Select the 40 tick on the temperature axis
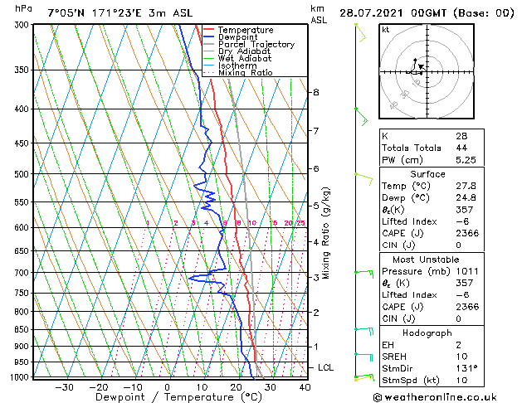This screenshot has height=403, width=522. click(x=305, y=387)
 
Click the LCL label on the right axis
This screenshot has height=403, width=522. click(x=327, y=367)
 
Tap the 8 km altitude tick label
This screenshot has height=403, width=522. click(x=316, y=91)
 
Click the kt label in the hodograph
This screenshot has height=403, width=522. click(x=386, y=29)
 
